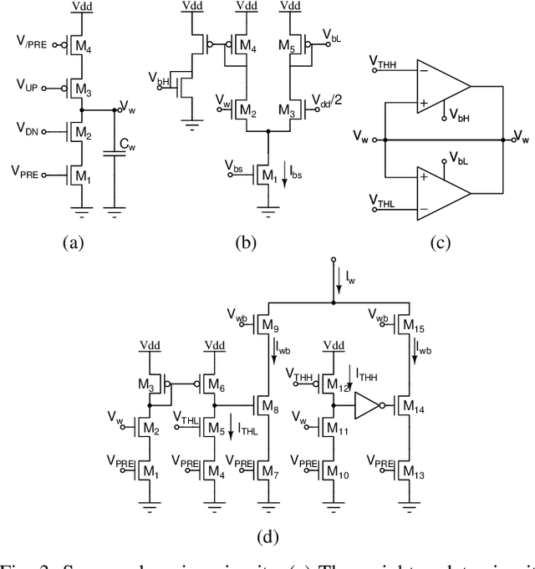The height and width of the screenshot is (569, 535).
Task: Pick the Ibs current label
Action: (294, 173)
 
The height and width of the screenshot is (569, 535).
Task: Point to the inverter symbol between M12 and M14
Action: (367, 406)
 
